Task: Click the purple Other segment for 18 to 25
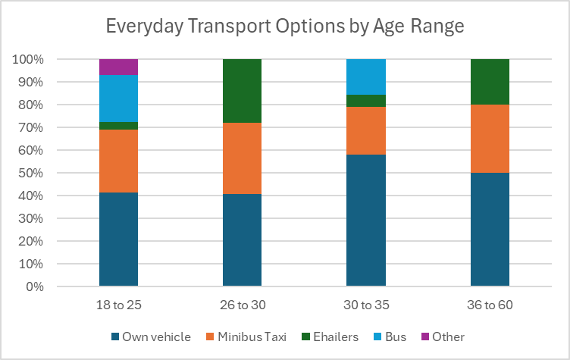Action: [x=118, y=67]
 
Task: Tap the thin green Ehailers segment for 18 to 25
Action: [x=118, y=126]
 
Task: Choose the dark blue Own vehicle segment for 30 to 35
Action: [x=366, y=221]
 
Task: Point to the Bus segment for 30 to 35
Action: [x=366, y=77]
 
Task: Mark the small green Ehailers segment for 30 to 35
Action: [x=366, y=101]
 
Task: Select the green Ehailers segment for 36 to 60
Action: [x=490, y=82]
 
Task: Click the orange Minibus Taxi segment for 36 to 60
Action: [x=490, y=139]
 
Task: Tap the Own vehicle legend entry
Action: [x=151, y=337]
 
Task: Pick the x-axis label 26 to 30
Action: [x=242, y=305]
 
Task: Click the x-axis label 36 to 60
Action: [x=490, y=305]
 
